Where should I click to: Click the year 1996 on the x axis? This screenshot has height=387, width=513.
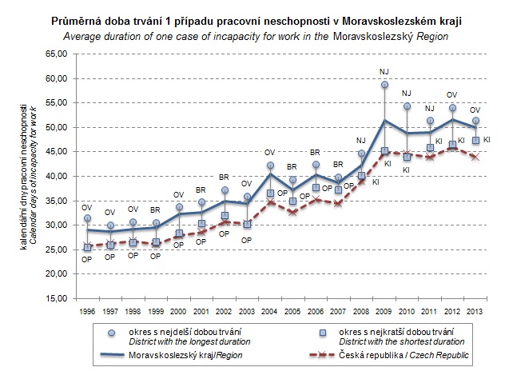coord(86,310)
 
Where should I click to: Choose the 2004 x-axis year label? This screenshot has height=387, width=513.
coord(270,310)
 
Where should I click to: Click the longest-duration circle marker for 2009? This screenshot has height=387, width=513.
coord(384,85)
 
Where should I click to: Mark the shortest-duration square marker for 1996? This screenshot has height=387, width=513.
coord(87,248)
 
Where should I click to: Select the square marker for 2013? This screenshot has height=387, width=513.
coord(476,141)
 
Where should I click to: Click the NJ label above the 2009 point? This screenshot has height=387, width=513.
coord(384,72)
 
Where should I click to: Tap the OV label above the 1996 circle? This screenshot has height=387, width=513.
coord(86,206)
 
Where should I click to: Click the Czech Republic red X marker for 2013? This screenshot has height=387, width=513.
coord(476,157)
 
